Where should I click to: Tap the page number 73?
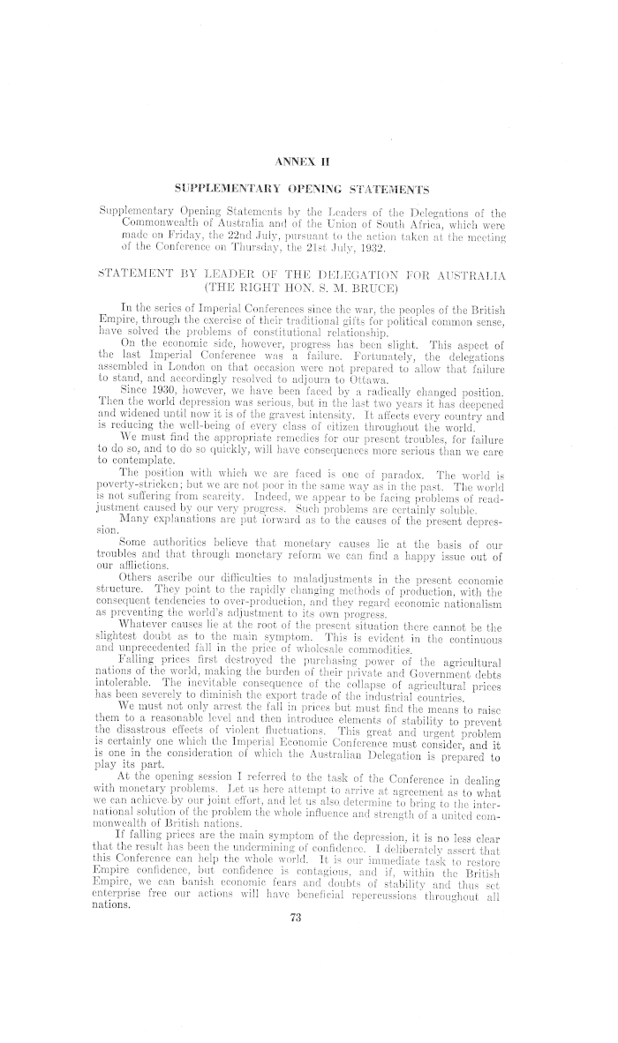click(x=309, y=1017)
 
